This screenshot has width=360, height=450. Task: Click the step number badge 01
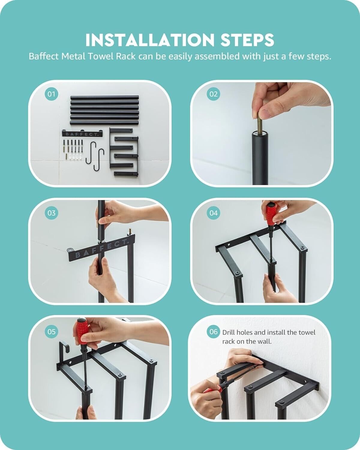click(51, 94)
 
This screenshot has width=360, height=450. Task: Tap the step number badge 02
click(213, 94)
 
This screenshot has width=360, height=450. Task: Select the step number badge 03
click(51, 213)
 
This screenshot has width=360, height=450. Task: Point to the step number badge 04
click(213, 213)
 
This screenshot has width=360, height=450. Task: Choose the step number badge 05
click(51, 332)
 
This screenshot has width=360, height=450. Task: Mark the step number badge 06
click(213, 332)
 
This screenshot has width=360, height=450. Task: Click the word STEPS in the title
click(247, 40)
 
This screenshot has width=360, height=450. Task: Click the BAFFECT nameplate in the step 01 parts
click(82, 133)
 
